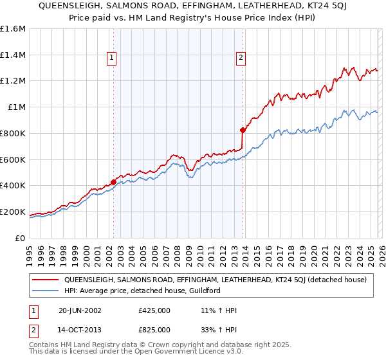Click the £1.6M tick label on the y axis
13,29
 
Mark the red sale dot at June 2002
114,182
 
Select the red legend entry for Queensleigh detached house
215,280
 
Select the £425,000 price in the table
154,310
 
